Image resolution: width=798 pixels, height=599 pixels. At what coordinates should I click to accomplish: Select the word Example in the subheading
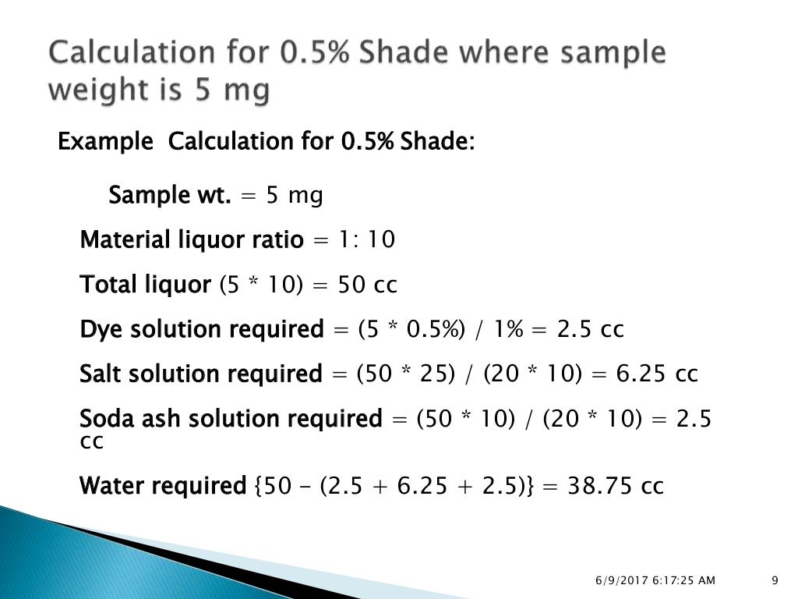click(x=106, y=143)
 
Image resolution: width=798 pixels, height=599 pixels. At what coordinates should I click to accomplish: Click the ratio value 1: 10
click(x=366, y=240)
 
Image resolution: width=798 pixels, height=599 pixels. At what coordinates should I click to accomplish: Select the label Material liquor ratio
click(x=192, y=240)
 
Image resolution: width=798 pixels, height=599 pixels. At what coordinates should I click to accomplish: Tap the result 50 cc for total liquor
click(x=367, y=285)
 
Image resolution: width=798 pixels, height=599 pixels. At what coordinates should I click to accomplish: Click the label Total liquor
click(x=145, y=285)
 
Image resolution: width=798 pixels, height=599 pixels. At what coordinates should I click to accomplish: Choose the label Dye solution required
click(x=201, y=330)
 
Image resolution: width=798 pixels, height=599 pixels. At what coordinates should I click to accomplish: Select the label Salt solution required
click(x=200, y=374)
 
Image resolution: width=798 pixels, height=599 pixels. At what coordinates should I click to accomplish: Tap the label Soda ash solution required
click(x=231, y=420)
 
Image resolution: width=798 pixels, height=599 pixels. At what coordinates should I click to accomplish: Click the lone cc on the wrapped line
click(x=92, y=441)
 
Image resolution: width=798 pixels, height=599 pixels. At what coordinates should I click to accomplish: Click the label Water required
click(x=163, y=487)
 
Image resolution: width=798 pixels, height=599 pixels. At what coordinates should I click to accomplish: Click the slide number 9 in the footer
click(x=775, y=580)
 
